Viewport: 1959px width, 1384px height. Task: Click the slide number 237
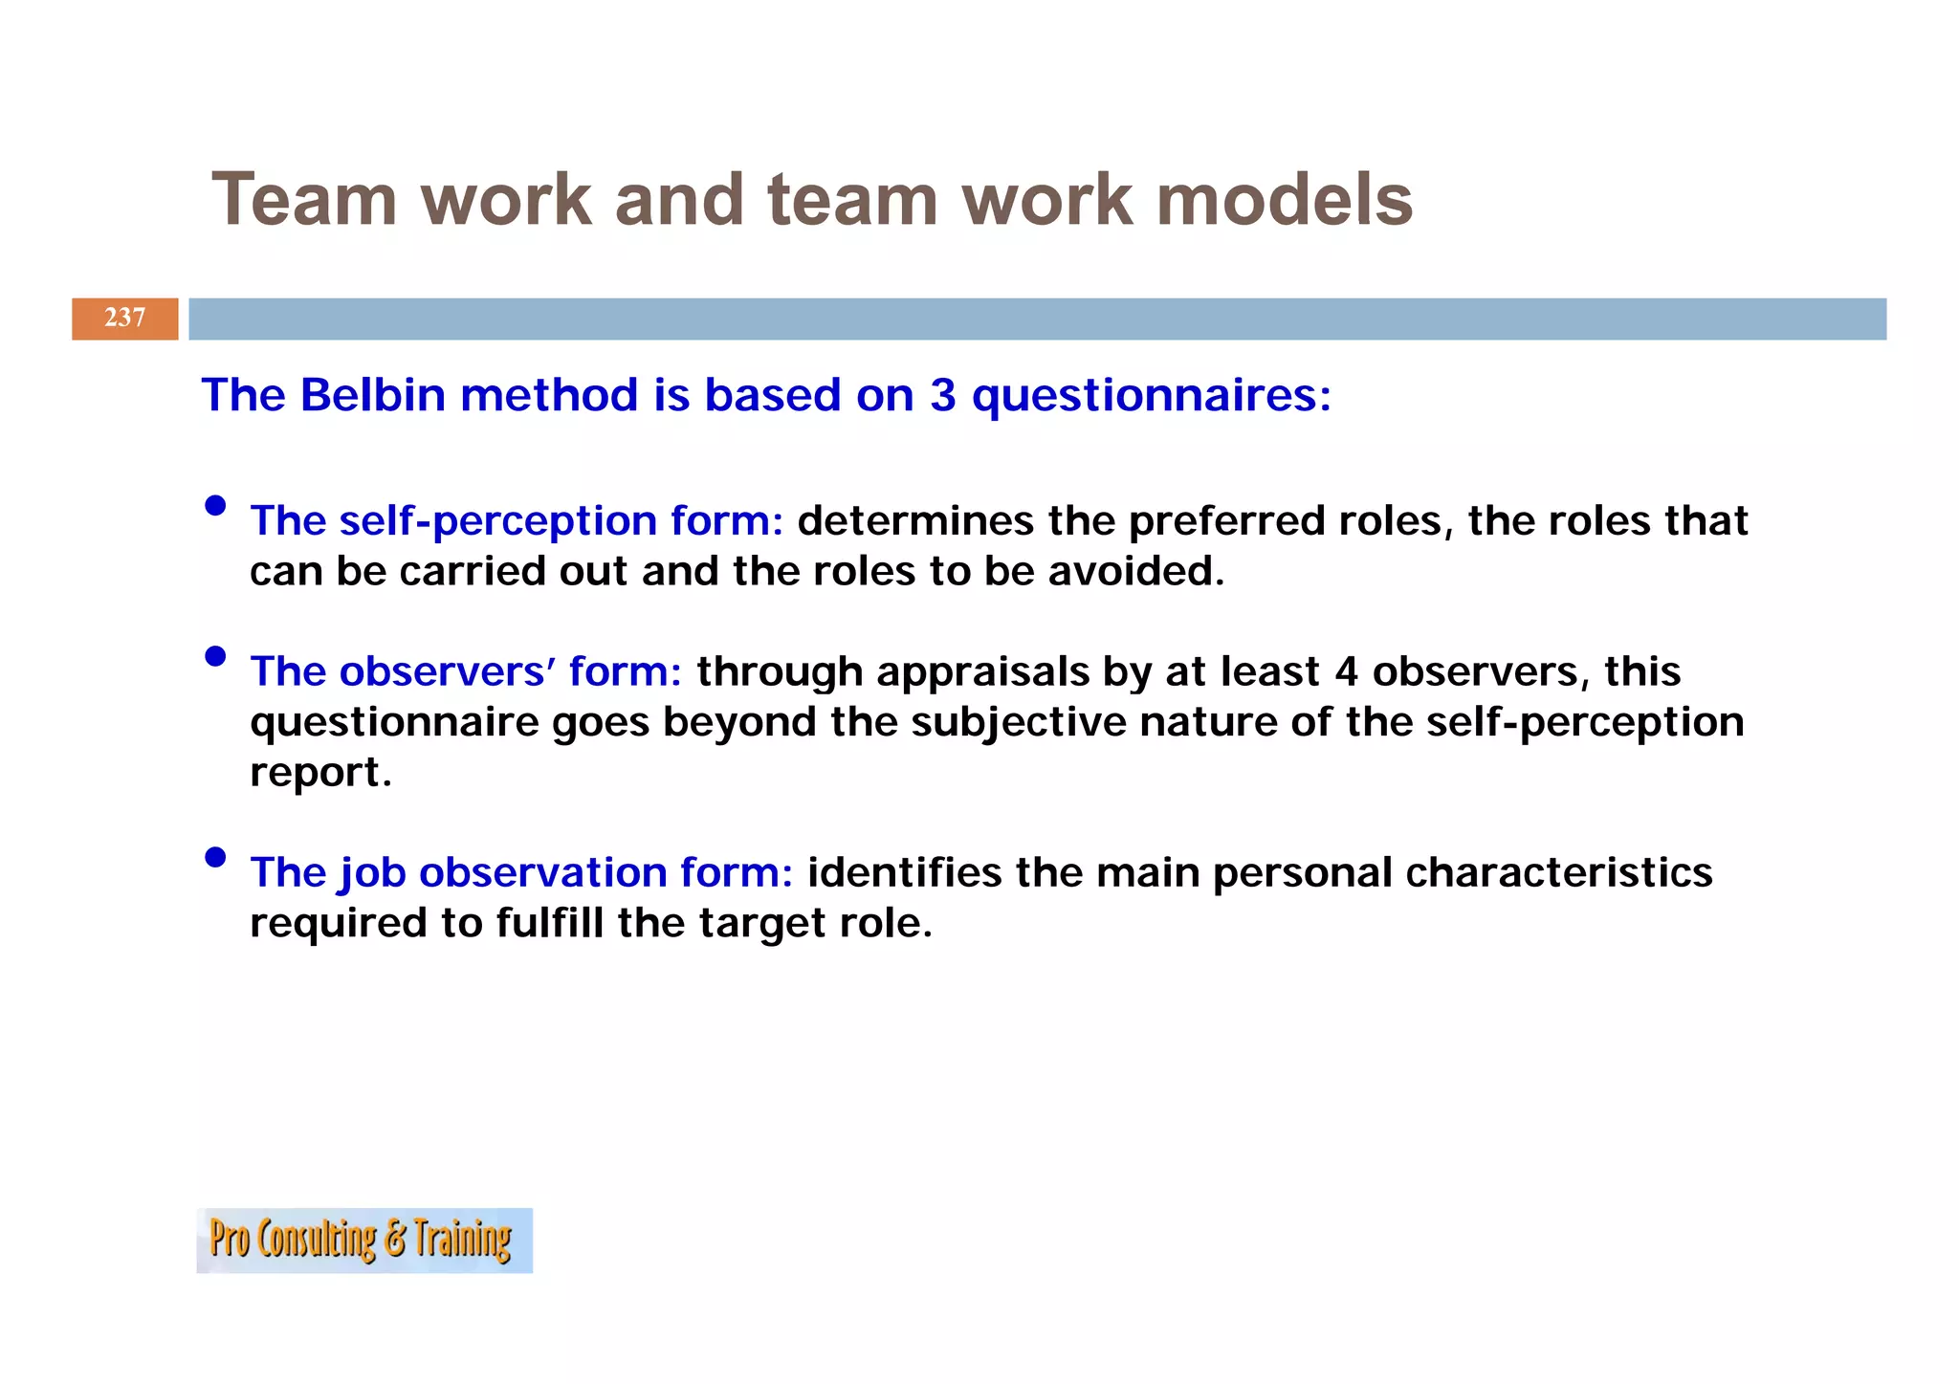click(125, 319)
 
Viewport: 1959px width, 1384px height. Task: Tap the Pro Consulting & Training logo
click(364, 1241)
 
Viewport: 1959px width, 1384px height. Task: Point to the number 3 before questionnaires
click(942, 395)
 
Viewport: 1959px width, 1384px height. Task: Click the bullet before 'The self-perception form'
click(216, 506)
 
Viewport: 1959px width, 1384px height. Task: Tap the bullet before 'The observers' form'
click(216, 656)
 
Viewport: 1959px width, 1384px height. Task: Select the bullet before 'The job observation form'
click(216, 857)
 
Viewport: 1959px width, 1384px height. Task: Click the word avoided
click(1136, 572)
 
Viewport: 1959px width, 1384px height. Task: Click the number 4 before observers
click(1346, 671)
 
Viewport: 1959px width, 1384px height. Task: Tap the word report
click(320, 774)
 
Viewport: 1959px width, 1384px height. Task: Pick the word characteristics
click(1558, 873)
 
